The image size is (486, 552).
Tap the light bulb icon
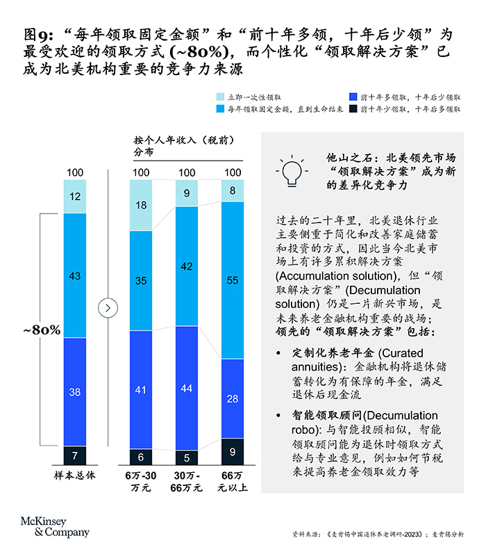coord(292,171)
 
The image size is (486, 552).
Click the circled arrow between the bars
coord(107,307)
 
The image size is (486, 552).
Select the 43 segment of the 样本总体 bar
coord(75,276)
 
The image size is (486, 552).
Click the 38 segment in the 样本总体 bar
coord(75,391)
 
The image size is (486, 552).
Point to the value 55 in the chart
coord(233,280)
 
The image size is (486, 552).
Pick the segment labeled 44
coord(187,389)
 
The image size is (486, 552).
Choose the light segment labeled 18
coord(141,205)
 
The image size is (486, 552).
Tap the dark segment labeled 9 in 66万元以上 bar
coord(233,452)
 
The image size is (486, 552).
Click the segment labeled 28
coord(233,398)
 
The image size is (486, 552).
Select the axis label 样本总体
coord(75,476)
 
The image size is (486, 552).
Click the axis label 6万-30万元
coord(141,481)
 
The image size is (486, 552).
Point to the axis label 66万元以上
coord(233,481)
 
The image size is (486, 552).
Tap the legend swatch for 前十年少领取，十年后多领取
coord(353,109)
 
